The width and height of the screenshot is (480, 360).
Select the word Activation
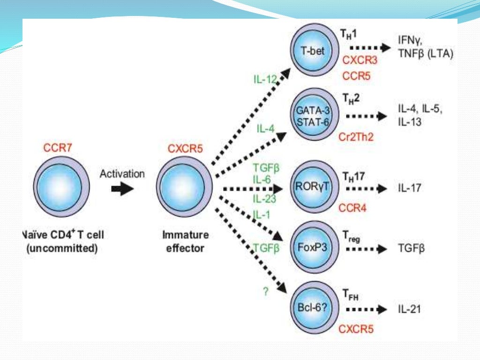tap(122, 174)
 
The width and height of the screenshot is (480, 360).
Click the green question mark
tap(265, 291)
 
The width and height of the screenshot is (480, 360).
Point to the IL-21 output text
tap(409, 309)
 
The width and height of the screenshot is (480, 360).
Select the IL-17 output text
tap(409, 188)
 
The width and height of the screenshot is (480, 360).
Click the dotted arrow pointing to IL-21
tap(366, 309)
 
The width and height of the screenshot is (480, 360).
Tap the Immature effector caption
tap(186, 241)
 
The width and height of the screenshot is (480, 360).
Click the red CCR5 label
tap(356, 75)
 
